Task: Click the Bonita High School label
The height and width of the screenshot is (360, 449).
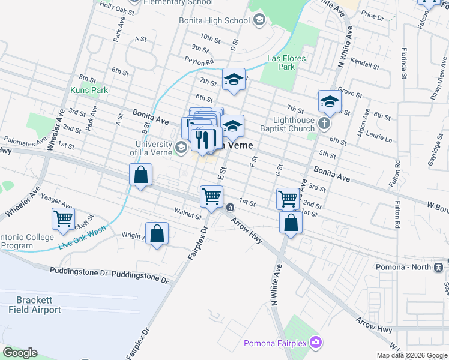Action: click(214, 21)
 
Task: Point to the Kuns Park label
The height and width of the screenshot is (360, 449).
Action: click(89, 90)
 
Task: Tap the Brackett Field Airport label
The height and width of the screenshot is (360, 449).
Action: click(35, 305)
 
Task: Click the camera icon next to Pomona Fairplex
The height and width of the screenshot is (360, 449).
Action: click(316, 343)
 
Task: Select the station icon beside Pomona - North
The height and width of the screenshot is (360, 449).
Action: click(439, 266)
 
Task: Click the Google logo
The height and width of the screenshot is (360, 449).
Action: click(20, 353)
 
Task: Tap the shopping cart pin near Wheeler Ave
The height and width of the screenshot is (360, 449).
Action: click(63, 219)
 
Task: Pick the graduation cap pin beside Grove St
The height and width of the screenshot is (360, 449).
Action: click(330, 103)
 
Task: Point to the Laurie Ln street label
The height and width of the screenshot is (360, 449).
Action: click(380, 139)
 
